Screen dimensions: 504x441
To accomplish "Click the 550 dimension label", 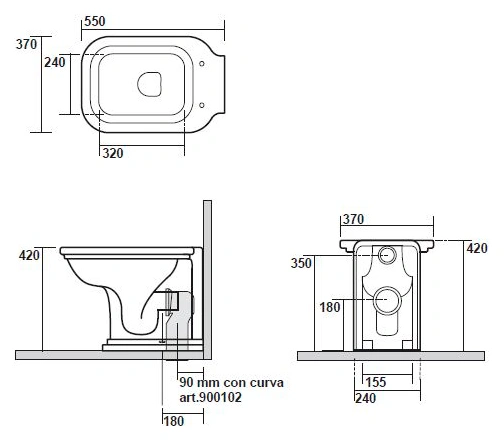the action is tap(95, 21).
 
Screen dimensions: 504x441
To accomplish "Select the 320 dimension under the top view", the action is tap(113, 153).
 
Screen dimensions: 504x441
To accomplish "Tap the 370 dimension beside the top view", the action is tap(27, 44).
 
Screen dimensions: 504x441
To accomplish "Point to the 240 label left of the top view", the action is tap(55, 62).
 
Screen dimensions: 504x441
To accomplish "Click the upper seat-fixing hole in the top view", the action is tap(202, 64).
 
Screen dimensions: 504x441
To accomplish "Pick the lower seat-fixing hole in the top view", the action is tap(202, 105).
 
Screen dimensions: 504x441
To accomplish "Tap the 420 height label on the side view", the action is tap(29, 256).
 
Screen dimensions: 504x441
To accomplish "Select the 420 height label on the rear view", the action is tap(477, 248).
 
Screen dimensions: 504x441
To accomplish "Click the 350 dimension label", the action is tap(301, 263).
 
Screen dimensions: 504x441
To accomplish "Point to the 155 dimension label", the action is tap(376, 382).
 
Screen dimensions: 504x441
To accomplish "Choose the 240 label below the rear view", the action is tap(366, 398).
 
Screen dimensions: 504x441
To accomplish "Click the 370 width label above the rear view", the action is tap(353, 219).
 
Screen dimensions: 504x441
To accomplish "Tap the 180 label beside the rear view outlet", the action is tap(330, 307).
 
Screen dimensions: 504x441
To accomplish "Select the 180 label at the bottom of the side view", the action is tap(174, 421).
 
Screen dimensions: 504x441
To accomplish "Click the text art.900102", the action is tap(210, 397).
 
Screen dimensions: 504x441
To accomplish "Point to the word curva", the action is tap(267, 383).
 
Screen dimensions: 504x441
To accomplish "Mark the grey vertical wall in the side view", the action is tap(207, 279).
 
